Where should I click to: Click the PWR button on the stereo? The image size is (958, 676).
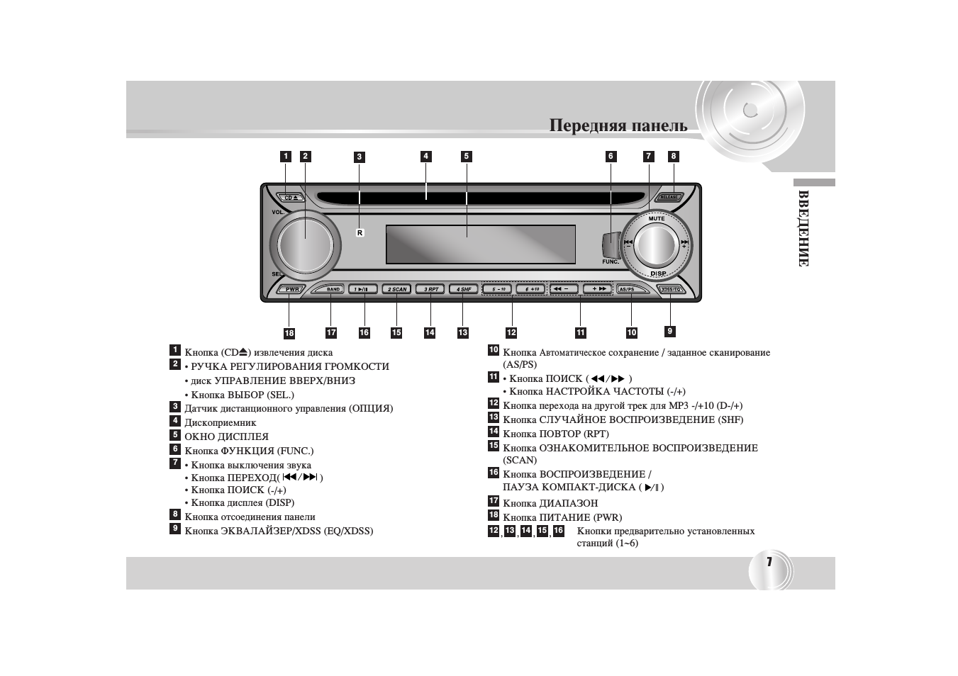coord(291,289)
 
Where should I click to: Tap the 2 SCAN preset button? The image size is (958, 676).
coord(397,289)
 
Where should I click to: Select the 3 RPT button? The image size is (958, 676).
coord(430,289)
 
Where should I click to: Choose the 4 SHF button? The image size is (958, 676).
coord(464,289)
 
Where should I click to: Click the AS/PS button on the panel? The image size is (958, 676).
coord(628,289)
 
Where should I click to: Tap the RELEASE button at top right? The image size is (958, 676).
coord(669,197)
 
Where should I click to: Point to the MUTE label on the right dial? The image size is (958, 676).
coord(657,219)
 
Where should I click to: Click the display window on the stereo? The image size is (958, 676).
coord(480,244)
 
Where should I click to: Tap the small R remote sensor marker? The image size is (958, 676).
coord(360,232)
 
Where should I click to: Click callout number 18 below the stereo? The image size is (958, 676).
coord(289,333)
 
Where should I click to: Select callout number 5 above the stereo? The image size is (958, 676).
coord(466,157)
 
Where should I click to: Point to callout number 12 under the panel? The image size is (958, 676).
coord(511,332)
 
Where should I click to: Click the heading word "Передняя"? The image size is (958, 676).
coord(584,125)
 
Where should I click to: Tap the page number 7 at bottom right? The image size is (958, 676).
coord(769,562)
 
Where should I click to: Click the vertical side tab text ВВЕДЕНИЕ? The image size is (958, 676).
coord(803,228)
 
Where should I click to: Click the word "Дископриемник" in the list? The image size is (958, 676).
coord(221,422)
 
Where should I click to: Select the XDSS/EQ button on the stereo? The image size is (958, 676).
coord(670,289)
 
